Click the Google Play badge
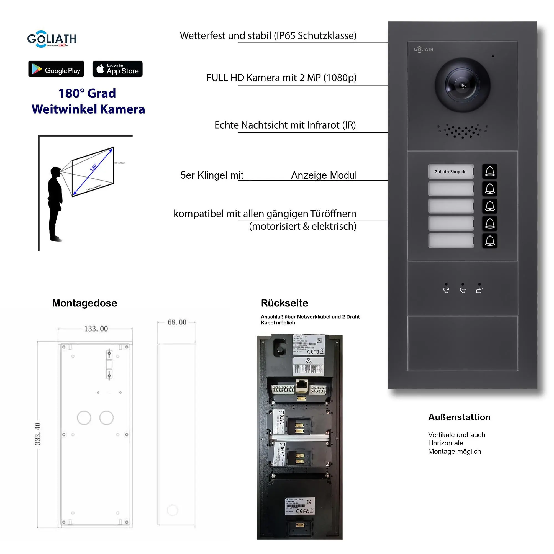[x=56, y=69]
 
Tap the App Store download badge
[x=117, y=69]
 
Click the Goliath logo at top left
[x=52, y=39]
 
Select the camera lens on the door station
[x=462, y=85]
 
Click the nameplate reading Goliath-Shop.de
[x=450, y=171]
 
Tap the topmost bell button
[x=489, y=171]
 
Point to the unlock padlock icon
[x=479, y=290]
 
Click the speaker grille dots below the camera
[x=462, y=131]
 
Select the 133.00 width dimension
[x=96, y=329]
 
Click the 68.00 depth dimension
[x=177, y=322]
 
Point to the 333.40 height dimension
[x=38, y=434]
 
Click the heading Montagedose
[x=84, y=303]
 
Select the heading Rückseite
[x=284, y=303]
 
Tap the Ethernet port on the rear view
[x=301, y=385]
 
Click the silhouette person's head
[x=55, y=172]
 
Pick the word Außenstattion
[x=459, y=417]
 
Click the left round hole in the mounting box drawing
[x=84, y=418]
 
